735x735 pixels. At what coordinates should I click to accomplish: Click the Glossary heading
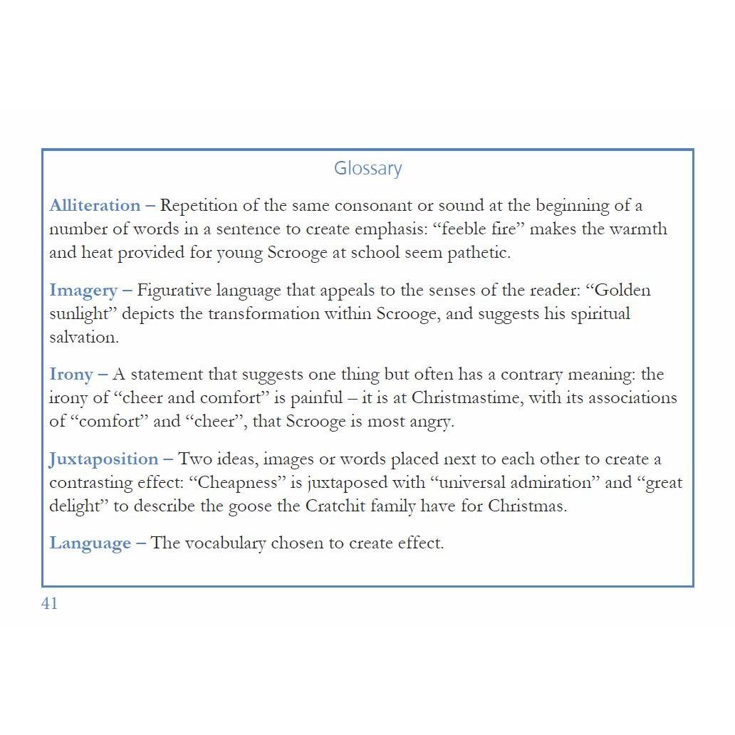tap(367, 169)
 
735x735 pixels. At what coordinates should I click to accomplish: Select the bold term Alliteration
tap(95, 206)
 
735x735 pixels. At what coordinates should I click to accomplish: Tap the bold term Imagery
tap(83, 291)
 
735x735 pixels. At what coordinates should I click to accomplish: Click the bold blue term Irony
tap(71, 375)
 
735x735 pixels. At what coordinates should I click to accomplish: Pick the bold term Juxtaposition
tap(103, 459)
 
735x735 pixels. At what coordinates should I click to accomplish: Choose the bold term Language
tap(90, 543)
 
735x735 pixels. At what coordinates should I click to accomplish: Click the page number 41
tap(49, 604)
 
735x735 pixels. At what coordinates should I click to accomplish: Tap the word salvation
tap(83, 338)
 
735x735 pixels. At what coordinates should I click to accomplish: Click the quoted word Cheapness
tap(240, 483)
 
